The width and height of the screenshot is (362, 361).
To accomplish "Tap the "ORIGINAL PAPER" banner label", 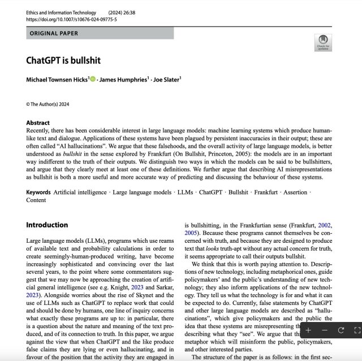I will tap(53, 33).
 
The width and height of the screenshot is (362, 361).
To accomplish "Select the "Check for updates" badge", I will tap(323, 42).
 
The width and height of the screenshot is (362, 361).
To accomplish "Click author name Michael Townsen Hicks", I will tap(56, 80).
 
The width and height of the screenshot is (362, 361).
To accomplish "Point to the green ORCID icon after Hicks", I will tap(93, 80).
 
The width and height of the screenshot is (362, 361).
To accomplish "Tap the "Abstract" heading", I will tap(38, 123).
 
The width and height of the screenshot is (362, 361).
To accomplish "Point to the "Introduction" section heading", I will tap(47, 225).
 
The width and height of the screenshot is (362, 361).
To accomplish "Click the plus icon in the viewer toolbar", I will tap(308, 330).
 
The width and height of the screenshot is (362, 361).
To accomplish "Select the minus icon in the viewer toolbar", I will tap(324, 330).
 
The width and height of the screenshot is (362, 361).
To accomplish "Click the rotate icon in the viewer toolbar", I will tap(341, 330).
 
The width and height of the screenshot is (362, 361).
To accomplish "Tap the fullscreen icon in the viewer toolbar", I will tap(356, 330).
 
